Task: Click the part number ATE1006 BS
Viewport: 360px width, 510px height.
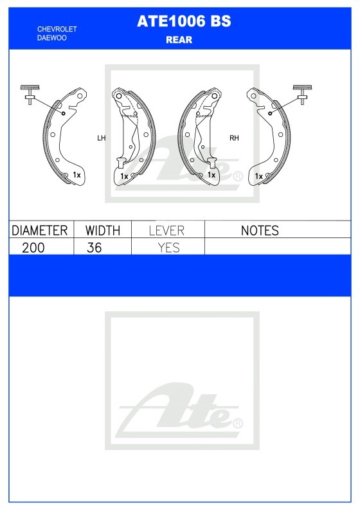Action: (184, 21)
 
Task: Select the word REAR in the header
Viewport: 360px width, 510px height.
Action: (179, 40)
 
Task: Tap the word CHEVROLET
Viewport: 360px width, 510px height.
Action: (57, 29)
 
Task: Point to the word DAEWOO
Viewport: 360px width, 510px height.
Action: (52, 38)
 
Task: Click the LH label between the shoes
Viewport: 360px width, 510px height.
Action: (102, 138)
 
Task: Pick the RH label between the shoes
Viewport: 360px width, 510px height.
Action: (234, 138)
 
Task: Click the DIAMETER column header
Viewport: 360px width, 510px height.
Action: (40, 231)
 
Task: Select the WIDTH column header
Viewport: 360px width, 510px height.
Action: (103, 231)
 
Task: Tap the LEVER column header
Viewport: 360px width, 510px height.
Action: (166, 231)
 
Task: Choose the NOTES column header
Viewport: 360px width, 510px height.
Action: (260, 231)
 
